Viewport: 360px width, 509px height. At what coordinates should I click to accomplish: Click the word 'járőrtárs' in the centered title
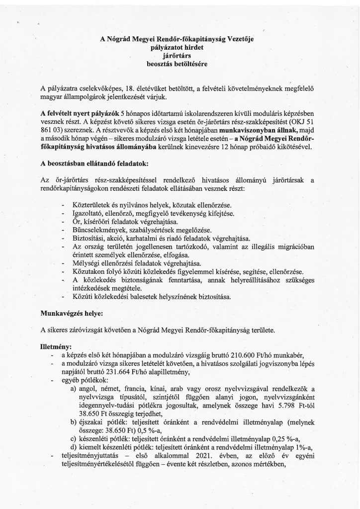[180, 56]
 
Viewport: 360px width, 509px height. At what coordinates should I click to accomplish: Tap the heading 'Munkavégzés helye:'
[73, 315]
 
